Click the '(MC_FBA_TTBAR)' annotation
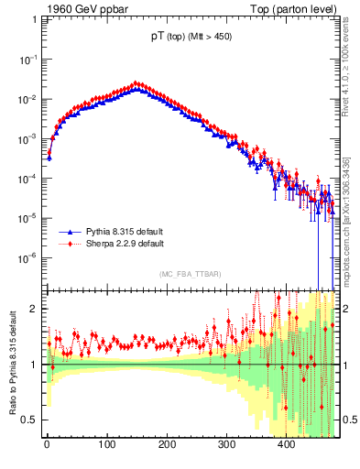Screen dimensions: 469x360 (x=190, y=274)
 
